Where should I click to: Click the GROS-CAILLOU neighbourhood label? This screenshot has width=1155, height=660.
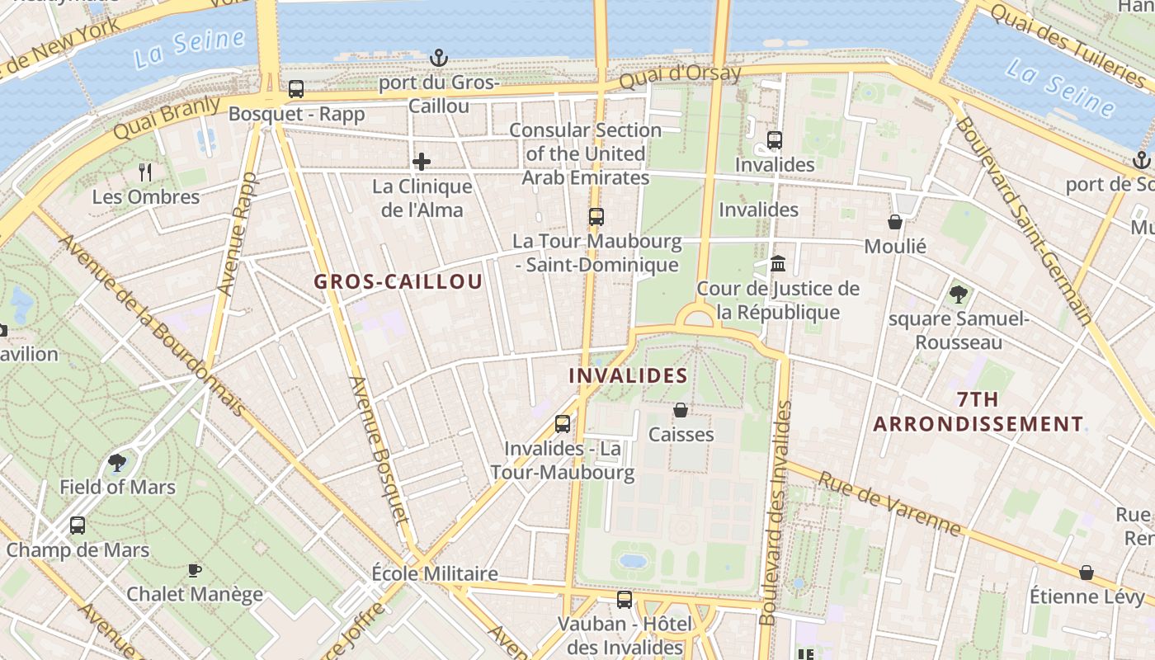[398, 281]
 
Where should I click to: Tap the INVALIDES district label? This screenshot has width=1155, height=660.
[628, 375]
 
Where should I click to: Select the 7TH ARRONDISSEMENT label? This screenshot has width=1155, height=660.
[978, 412]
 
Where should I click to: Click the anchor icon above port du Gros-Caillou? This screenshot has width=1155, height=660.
[439, 58]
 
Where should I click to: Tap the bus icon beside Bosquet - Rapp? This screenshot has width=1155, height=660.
[295, 89]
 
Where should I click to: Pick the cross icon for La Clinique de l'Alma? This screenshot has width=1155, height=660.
[422, 161]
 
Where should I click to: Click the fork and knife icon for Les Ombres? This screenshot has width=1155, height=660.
[146, 172]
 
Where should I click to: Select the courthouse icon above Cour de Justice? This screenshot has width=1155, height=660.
[777, 264]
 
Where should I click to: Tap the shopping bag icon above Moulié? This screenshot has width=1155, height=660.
[895, 221]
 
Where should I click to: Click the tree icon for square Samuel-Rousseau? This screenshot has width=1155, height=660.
[959, 294]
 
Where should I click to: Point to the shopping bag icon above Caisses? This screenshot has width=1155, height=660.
[681, 409]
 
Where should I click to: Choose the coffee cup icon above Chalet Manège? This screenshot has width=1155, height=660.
[195, 570]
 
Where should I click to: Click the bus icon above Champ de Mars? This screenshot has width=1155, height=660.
[78, 525]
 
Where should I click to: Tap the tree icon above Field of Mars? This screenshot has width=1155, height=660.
[117, 462]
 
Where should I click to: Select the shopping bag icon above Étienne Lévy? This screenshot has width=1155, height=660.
[1087, 572]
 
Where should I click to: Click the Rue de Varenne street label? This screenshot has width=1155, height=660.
[890, 502]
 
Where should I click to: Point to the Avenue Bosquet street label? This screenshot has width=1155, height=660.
[379, 450]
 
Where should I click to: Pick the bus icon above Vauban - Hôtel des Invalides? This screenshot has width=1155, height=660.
[625, 599]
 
